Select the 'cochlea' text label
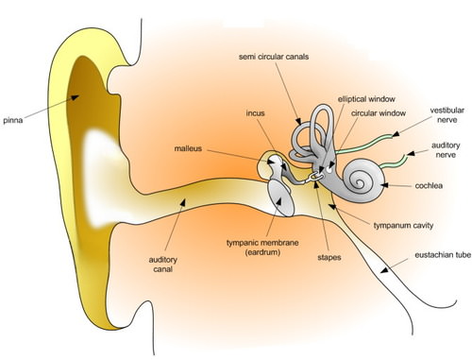(x=430, y=186)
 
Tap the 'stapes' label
(x=329, y=256)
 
